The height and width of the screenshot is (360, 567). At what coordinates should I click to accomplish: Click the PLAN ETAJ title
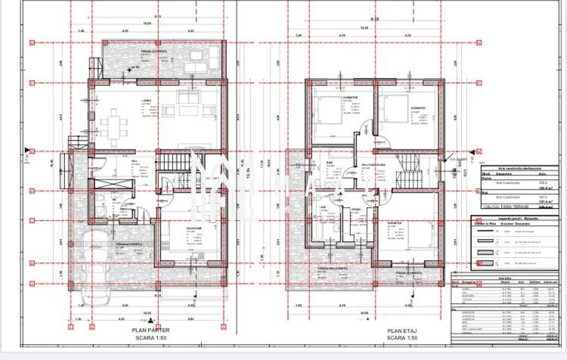(x=403, y=331)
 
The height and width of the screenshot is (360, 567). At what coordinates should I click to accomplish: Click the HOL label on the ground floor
(x=135, y=161)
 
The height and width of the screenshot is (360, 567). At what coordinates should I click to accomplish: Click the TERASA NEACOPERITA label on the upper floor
(x=333, y=268)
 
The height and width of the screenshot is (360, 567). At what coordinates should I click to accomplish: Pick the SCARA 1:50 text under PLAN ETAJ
(x=403, y=338)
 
